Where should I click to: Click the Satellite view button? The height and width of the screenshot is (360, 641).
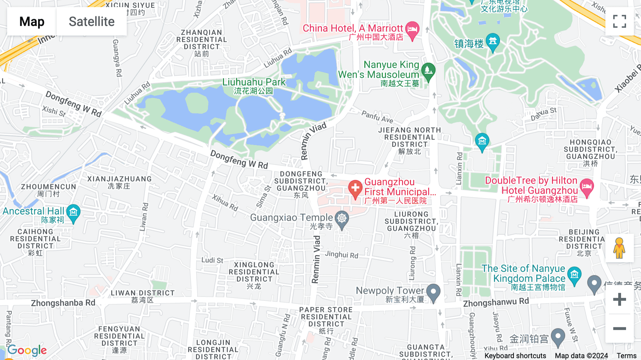(x=92, y=21)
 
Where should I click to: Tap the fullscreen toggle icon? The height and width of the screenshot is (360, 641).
(x=619, y=21)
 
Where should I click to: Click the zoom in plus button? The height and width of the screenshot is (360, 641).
(x=619, y=299)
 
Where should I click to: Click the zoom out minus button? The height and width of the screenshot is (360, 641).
(x=619, y=328)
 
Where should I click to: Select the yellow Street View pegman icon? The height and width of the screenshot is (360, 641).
(x=619, y=248)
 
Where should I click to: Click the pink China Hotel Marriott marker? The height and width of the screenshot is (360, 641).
(x=412, y=30)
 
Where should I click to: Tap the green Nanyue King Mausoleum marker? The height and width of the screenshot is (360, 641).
(x=428, y=71)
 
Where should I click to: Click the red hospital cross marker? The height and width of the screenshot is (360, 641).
(x=355, y=188)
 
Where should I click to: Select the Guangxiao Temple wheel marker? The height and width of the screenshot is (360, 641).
(x=342, y=219)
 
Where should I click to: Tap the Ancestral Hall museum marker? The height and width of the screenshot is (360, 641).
(x=73, y=213)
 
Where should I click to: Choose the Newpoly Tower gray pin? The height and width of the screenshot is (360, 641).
(x=433, y=292)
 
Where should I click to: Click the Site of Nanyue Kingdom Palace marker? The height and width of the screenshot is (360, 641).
(x=574, y=275)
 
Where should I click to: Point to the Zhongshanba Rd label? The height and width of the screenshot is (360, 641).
(x=63, y=303)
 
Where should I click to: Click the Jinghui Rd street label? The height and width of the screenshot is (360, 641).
(x=342, y=254)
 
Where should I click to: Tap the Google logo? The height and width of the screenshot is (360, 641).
(x=27, y=350)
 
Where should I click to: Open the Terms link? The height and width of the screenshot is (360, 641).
(x=626, y=355)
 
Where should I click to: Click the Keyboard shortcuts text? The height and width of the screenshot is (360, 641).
(x=515, y=355)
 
